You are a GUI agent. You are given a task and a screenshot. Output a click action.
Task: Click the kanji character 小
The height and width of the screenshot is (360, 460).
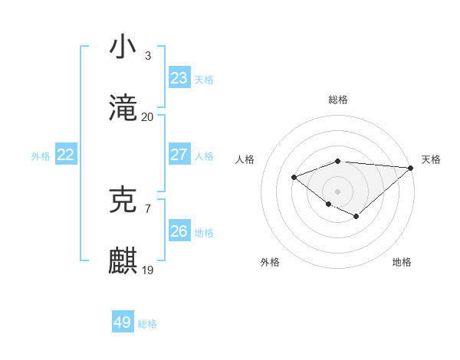coord(123,47)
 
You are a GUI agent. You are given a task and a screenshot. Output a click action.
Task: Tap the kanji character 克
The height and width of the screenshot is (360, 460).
coord(123,201)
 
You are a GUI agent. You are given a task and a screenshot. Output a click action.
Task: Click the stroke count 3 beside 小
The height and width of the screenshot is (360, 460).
coord(148,55)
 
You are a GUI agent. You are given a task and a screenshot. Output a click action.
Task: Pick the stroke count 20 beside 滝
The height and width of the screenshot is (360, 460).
coord(148,117)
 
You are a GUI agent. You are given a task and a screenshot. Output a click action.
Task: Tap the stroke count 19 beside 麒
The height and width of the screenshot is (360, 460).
coord(148,270)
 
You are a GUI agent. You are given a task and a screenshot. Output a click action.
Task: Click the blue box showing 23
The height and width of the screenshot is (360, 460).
coord(179,77)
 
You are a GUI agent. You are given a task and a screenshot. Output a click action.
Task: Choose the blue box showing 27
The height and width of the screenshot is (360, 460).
coord(179,155)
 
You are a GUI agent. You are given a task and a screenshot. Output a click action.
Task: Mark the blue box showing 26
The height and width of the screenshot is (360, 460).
coord(179,231)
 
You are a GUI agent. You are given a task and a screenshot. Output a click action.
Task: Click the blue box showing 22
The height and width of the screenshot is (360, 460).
coord(65,155)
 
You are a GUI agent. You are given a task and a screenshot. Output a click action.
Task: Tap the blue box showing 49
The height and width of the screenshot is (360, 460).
coord(122,322)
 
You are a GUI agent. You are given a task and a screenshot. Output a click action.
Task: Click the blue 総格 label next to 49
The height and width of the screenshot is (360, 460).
coord(147,324)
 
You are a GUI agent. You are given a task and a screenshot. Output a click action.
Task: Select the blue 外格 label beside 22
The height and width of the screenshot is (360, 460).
coord(41,156)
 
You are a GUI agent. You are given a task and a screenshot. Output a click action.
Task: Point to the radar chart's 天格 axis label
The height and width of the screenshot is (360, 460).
coord(431,159)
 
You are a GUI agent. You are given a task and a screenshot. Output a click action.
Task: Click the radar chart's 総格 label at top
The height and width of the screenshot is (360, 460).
coord(338,100)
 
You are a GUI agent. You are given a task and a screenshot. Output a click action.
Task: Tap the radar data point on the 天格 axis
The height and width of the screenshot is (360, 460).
coord(412,168)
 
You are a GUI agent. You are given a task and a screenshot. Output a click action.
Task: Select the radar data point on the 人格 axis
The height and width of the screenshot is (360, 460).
coord(294,178)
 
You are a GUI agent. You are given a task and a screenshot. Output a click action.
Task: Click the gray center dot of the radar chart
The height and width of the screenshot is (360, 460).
coord(338,191)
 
